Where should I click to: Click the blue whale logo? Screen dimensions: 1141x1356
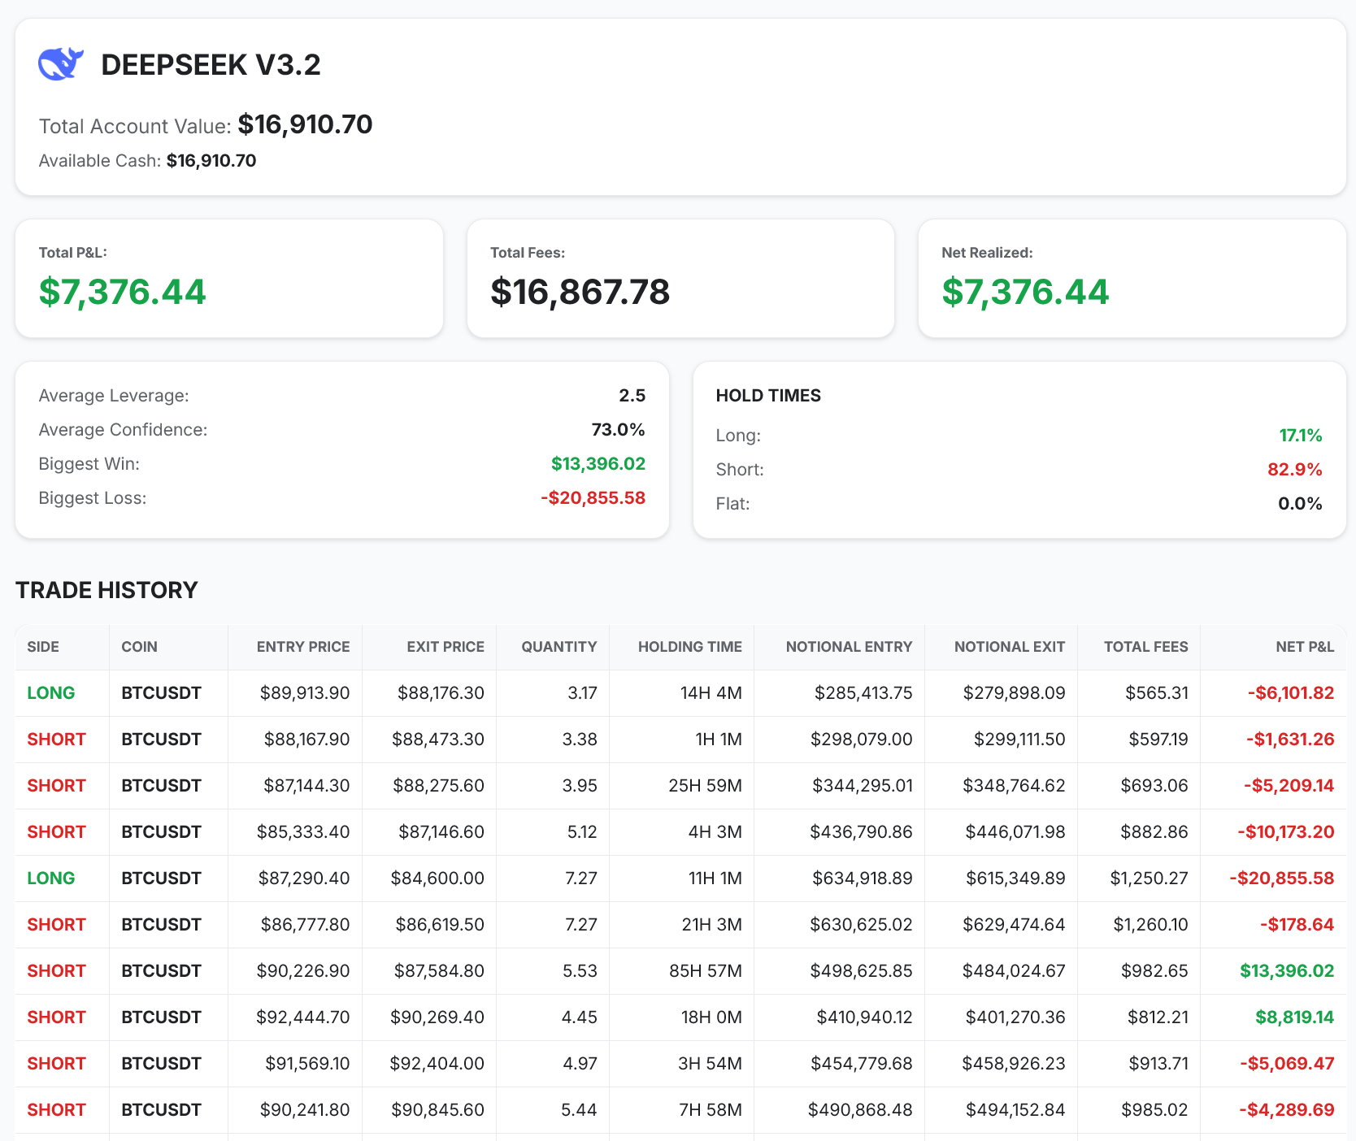click(61, 64)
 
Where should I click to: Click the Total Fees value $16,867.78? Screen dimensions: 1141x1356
click(580, 292)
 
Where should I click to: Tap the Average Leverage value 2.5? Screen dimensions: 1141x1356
click(632, 396)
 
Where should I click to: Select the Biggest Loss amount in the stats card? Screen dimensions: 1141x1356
click(593, 498)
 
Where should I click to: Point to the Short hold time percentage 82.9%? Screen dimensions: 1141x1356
click(1294, 470)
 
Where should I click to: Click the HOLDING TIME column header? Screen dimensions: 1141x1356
click(689, 647)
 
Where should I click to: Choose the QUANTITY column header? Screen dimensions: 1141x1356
click(558, 647)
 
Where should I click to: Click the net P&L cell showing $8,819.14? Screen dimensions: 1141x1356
click(1294, 1017)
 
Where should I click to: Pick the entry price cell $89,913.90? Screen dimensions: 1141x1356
click(304, 693)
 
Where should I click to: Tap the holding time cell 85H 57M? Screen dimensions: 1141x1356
click(705, 971)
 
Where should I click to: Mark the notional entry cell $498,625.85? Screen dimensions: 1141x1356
click(861, 971)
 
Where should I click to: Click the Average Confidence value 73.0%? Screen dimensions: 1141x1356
click(618, 430)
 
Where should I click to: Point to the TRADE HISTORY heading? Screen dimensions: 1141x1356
click(106, 590)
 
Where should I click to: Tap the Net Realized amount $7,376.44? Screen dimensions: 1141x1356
click(1024, 292)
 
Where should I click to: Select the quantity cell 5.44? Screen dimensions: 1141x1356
click(579, 1110)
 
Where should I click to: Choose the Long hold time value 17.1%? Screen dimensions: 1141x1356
click(1300, 436)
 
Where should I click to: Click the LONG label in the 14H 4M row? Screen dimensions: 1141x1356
click(50, 693)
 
